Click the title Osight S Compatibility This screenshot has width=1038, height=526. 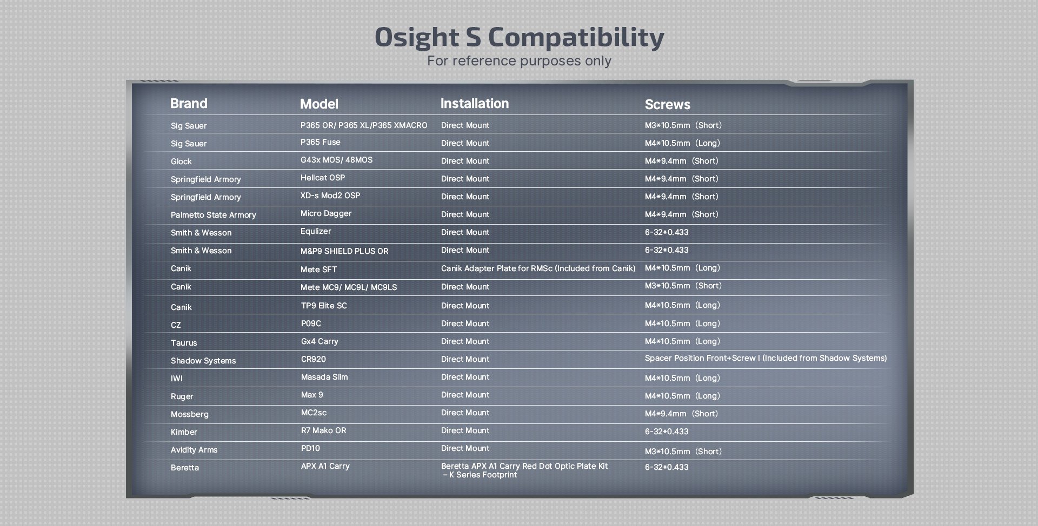519,38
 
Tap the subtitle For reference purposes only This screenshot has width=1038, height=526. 519,60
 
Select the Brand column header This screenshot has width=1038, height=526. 189,103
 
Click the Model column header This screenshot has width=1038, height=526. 319,104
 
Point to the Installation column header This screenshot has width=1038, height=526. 475,103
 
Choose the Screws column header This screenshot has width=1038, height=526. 668,104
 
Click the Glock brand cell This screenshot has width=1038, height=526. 181,161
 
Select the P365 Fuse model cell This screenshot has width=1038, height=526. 321,142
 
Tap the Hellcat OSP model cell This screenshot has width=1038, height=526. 323,178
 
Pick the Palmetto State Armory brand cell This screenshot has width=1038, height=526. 214,215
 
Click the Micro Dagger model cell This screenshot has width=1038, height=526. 326,213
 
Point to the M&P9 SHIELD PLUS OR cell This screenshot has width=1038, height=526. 344,251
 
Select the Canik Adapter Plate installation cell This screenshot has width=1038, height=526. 538,268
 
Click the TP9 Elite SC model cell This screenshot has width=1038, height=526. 324,306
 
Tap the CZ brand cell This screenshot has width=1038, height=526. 176,325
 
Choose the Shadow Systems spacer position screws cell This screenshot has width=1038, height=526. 766,358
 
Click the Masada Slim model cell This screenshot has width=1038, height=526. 324,377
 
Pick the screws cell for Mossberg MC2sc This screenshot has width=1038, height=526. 682,414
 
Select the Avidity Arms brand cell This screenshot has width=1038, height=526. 194,450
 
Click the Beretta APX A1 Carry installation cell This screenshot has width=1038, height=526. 524,470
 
